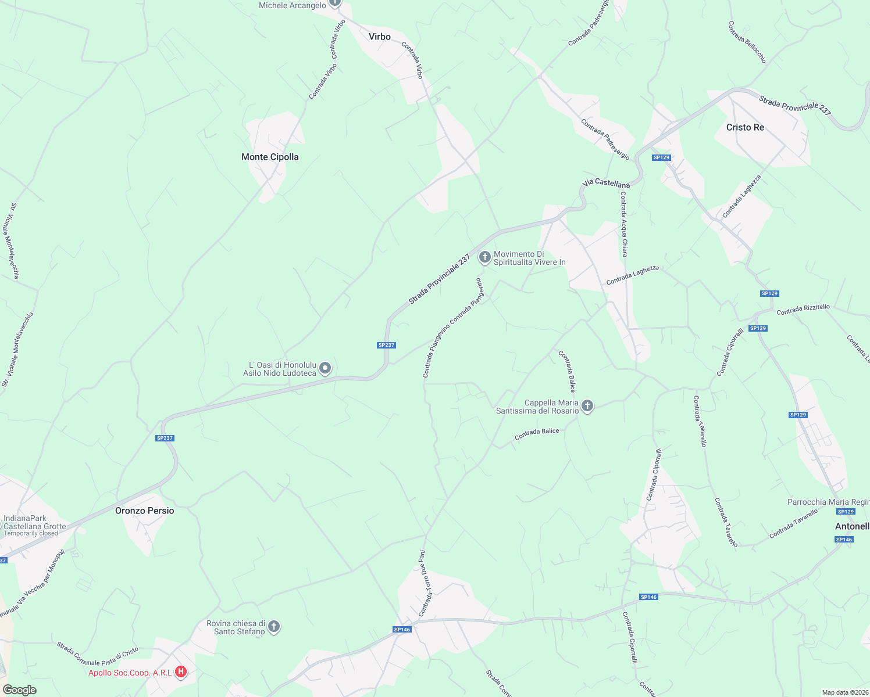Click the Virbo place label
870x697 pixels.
380,37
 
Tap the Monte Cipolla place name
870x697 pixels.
270,157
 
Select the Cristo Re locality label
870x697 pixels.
745,127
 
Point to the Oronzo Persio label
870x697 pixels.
145,511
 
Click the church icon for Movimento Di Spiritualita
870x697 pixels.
484,257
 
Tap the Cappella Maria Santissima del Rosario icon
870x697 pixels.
587,405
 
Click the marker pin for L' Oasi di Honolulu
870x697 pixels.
326,368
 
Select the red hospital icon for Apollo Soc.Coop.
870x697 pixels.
181,672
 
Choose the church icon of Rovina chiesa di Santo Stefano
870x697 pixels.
274,627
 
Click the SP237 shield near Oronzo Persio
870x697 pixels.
165,438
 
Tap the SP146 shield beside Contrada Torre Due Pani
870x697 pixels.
402,630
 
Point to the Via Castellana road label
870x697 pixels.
606,184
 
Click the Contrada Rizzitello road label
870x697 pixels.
803,310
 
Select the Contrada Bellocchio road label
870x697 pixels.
747,42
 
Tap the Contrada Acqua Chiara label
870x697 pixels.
623,224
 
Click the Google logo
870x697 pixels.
19,690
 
